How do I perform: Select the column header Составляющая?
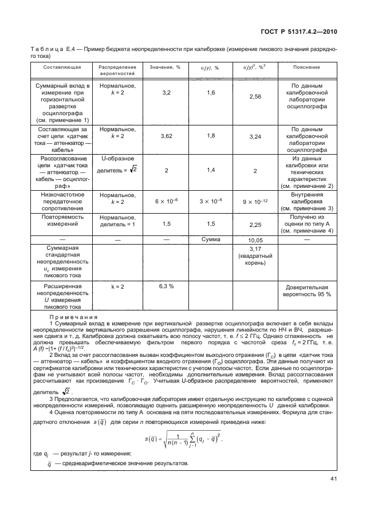tap(61, 67)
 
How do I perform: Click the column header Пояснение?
tap(306, 67)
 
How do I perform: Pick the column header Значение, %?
tap(165, 67)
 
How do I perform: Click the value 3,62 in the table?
tap(167, 136)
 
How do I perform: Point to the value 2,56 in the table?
tap(255, 97)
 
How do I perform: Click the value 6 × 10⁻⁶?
tap(167, 201)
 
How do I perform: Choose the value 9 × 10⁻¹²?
tap(255, 201)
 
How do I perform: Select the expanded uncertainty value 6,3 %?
tap(167, 286)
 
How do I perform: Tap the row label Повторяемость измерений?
tap(61, 221)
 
